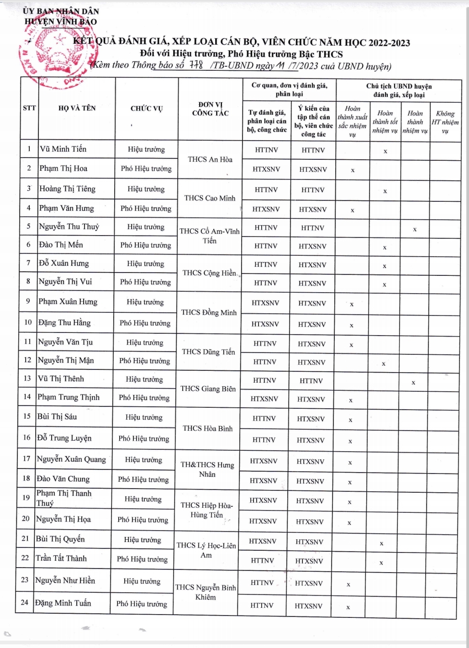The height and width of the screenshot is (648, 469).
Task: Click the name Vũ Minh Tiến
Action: tap(63, 149)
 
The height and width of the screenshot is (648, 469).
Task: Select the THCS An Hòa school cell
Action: tap(210, 159)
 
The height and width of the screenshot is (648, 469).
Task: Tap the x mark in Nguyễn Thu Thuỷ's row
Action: tap(415, 229)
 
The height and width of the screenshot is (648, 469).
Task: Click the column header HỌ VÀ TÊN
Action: tap(77, 108)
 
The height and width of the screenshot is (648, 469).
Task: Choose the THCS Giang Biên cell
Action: tap(208, 389)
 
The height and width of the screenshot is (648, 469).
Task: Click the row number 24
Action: tap(25, 602)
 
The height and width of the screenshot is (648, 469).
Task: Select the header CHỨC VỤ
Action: tap(146, 109)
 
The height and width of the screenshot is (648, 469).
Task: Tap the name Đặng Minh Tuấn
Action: tap(63, 603)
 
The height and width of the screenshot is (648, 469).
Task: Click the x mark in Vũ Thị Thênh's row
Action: tap(413, 383)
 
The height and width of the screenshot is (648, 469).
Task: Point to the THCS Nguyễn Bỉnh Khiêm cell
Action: tap(206, 592)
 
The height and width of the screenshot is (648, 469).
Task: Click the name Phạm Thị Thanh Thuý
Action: tap(63, 498)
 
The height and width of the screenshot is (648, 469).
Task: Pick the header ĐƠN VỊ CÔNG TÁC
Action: tap(210, 109)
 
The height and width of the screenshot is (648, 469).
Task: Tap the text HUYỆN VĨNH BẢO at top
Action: tap(61, 21)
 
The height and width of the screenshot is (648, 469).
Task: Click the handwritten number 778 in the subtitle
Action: tap(196, 65)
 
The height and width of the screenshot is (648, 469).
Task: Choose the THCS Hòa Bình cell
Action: tap(208, 428)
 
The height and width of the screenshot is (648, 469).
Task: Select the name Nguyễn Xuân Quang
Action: tap(71, 459)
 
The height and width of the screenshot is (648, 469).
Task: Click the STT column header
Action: tap(29, 108)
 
